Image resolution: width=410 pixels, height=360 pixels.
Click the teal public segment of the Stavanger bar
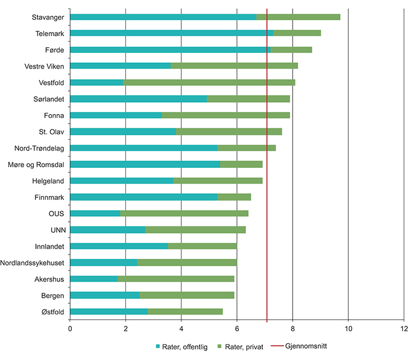163,17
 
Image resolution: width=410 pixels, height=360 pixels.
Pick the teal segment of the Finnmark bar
144,197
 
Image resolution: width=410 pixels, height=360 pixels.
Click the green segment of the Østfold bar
185,312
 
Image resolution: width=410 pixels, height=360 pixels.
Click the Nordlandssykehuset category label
32,263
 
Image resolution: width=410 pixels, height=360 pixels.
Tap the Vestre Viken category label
44,66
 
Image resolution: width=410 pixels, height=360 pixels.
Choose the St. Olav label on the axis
51,132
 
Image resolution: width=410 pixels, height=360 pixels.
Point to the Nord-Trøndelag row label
39,148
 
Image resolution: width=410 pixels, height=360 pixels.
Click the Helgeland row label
48,181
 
